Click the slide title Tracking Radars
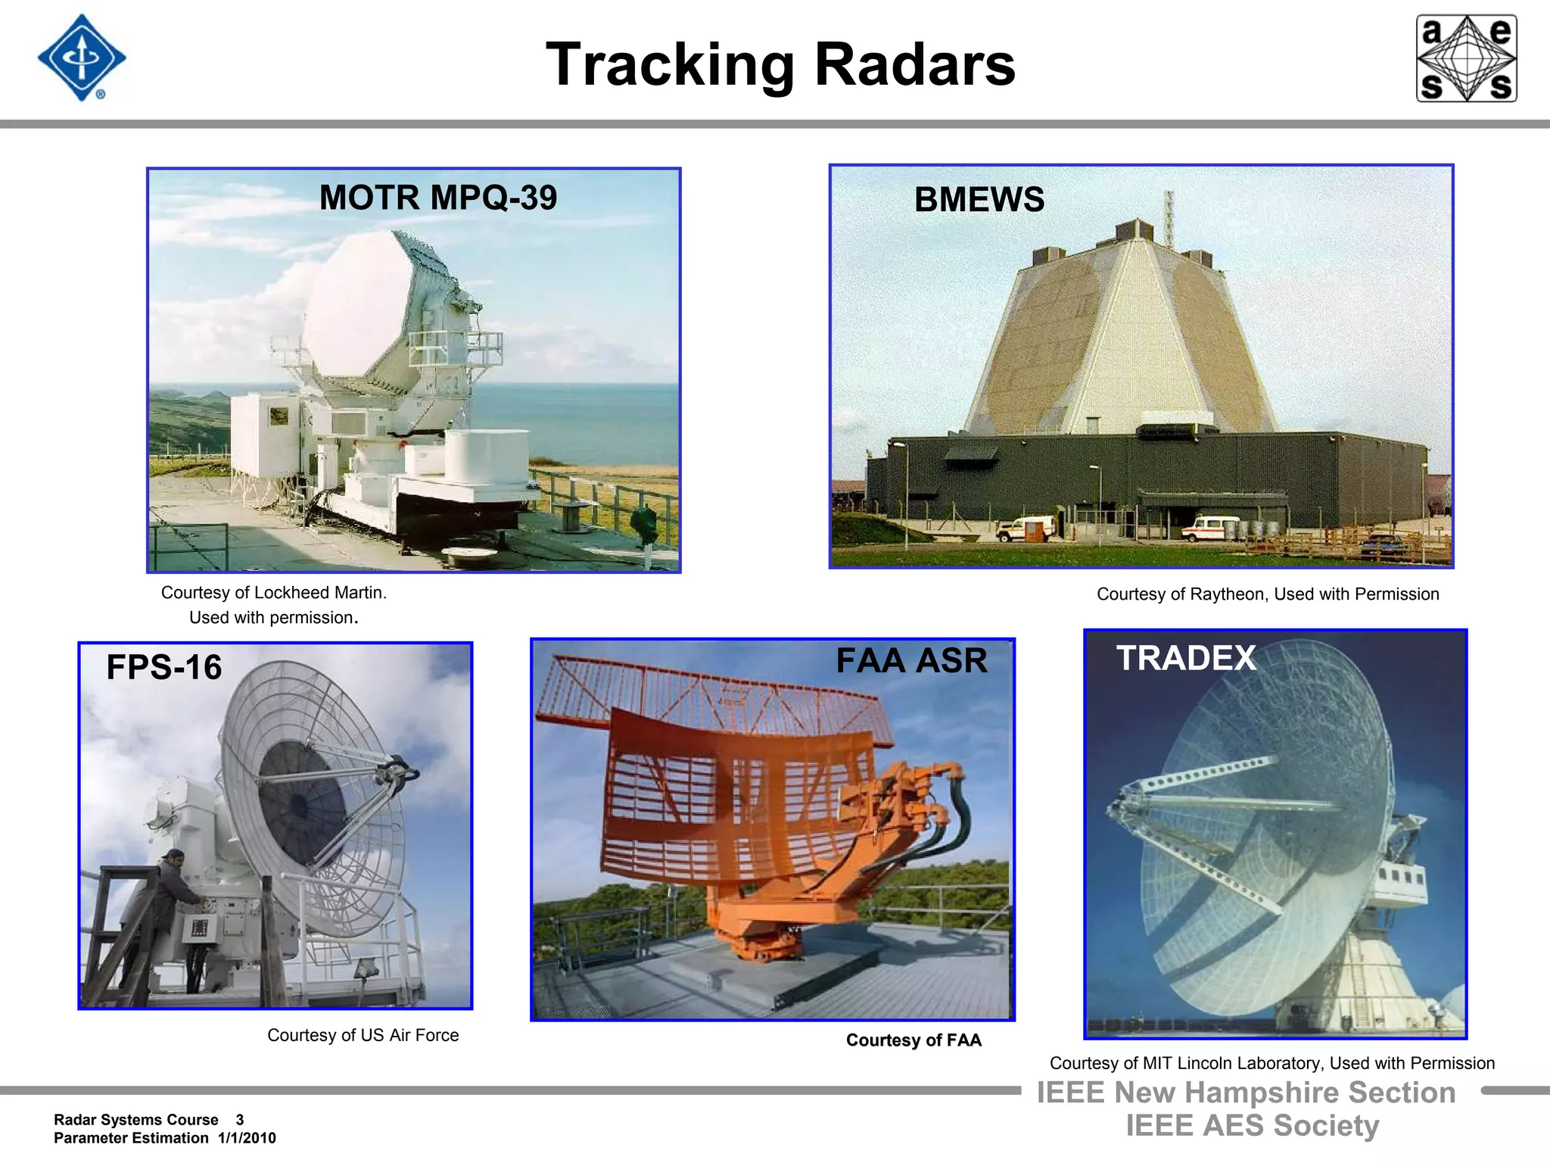780,65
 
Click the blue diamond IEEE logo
82,58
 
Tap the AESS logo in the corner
1466,58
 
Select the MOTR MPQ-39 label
438,198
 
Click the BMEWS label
979,200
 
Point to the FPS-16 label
163,667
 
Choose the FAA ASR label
911,660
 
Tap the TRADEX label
1185,657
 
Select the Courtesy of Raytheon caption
1268,594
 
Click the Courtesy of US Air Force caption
363,1035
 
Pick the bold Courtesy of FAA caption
914,1040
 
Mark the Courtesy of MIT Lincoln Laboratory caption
1271,1063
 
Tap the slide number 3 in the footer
240,1120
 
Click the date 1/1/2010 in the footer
247,1138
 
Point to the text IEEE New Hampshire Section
1246,1093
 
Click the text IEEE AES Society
1252,1126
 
